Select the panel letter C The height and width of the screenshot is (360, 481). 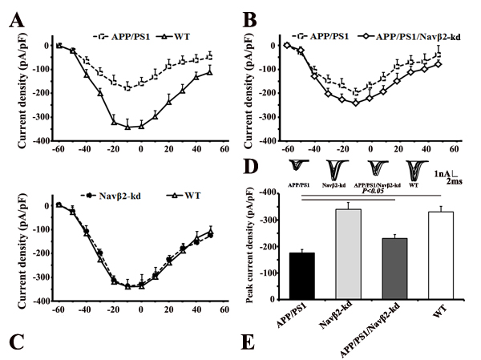14,340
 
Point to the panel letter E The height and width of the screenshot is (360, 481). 251,340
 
